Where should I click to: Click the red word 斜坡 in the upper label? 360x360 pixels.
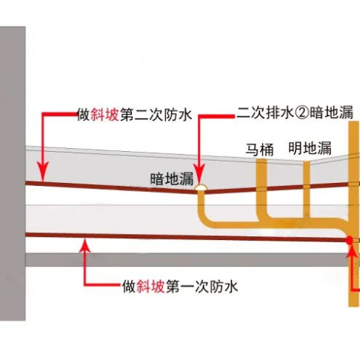(104, 115)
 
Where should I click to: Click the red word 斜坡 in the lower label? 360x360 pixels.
(150, 287)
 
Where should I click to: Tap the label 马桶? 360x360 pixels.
(259, 150)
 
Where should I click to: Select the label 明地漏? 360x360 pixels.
(310, 148)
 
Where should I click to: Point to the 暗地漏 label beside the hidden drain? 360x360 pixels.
(172, 179)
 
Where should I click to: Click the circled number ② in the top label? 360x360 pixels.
(301, 113)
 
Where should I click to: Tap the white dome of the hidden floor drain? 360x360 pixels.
(201, 187)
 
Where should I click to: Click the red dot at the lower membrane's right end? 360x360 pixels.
(349, 240)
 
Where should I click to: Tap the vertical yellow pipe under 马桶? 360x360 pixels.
(261, 189)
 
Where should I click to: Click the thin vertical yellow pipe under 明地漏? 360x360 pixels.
(306, 190)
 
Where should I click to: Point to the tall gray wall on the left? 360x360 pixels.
(13, 173)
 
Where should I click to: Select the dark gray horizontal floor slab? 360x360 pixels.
(187, 259)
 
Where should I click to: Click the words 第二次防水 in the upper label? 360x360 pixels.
(156, 115)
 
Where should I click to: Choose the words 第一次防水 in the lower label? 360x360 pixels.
(201, 287)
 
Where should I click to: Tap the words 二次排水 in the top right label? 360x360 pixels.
(265, 113)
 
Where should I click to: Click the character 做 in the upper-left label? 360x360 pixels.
(83, 115)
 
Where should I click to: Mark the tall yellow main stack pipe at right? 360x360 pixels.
(353, 214)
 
